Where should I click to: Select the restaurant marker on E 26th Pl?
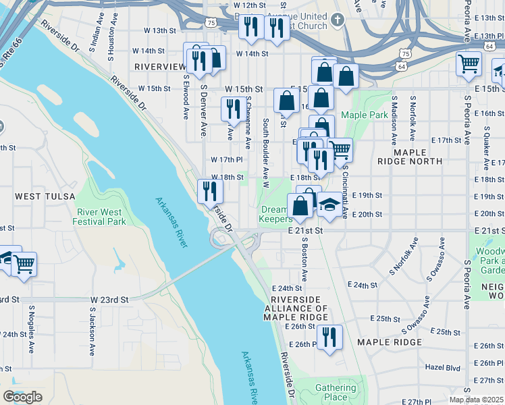point(329,337)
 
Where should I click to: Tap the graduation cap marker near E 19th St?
point(329,205)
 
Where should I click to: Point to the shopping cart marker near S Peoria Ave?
point(469,65)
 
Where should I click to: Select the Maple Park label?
point(365,115)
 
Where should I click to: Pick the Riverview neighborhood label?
point(160,67)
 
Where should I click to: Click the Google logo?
point(22,397)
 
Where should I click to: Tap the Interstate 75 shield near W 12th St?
point(213,22)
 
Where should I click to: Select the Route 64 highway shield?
point(402,67)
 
